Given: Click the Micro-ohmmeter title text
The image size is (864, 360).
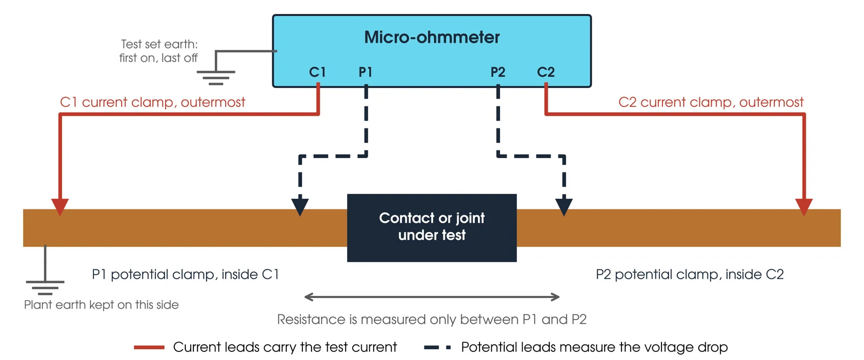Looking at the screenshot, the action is (431, 37).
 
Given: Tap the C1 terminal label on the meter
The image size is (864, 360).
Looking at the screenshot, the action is (318, 72).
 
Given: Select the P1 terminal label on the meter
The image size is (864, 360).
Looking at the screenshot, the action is (365, 72).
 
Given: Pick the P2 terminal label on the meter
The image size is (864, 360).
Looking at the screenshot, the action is (497, 72).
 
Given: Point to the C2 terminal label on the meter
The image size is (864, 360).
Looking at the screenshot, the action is (546, 72).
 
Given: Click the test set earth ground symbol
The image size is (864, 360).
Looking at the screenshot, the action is (216, 78).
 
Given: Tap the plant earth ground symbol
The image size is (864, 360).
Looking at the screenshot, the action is (45, 288).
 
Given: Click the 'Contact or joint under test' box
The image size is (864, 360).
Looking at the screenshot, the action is (431, 228).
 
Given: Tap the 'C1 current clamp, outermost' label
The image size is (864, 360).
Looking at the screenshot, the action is (152, 102).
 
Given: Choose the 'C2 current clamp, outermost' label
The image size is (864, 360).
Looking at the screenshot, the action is (711, 102).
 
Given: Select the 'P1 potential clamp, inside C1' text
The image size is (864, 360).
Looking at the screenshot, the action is (185, 274).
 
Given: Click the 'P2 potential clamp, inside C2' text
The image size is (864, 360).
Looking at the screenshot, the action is (690, 274).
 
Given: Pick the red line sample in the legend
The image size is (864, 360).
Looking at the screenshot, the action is (149, 347).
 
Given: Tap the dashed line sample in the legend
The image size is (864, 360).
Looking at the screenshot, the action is (437, 347).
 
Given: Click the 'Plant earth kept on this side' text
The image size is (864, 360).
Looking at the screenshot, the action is (102, 305).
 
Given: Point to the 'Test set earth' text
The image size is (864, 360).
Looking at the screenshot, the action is (159, 44).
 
